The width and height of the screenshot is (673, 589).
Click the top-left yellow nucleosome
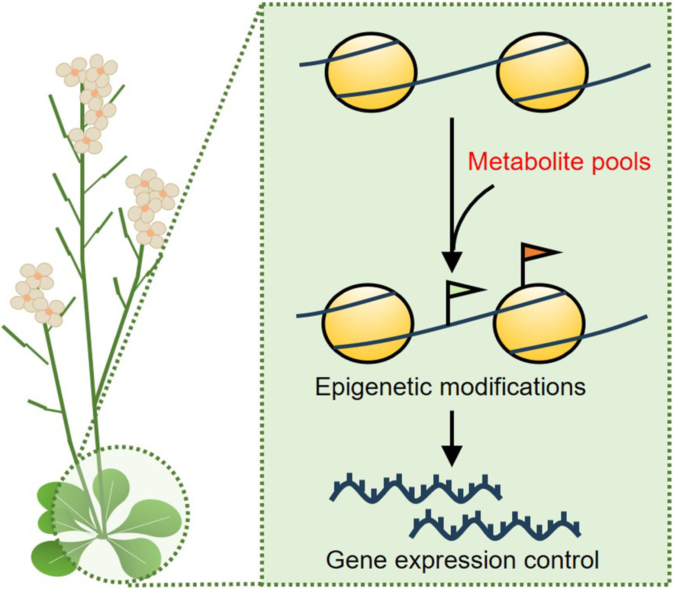[371, 72]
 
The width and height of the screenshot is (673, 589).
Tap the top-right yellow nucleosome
[543, 72]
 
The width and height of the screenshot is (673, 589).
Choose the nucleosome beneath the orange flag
[539, 323]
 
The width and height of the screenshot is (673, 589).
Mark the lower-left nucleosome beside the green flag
[368, 323]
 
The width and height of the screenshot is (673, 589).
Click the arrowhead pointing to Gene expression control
[452, 455]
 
